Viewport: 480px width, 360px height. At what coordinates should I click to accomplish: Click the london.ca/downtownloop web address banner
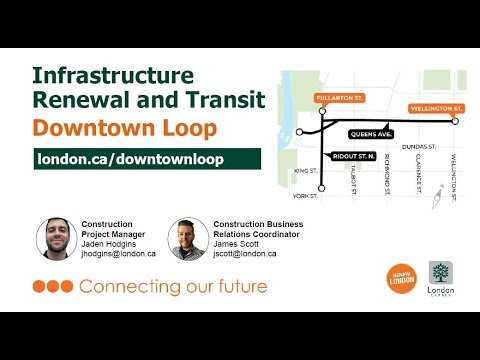pyautogui.click(x=146, y=160)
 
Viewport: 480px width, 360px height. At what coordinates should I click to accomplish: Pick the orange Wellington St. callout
pyautogui.click(x=436, y=107)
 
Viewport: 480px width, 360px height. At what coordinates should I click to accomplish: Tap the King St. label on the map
pyautogui.click(x=303, y=172)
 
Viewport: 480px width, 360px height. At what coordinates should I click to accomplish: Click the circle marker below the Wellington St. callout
pyautogui.click(x=455, y=121)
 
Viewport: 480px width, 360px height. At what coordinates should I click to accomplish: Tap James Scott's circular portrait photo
pyautogui.click(x=187, y=239)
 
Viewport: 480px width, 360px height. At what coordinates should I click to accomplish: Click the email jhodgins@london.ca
pyautogui.click(x=119, y=254)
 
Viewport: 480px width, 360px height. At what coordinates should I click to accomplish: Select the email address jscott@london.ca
pyautogui.click(x=244, y=254)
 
